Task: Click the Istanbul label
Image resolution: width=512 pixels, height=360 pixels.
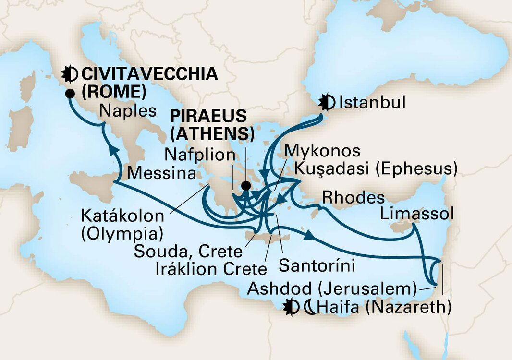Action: tap(372, 103)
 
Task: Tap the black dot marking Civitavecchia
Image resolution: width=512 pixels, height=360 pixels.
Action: tap(71, 93)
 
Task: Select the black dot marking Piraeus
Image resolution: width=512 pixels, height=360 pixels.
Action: tap(246, 186)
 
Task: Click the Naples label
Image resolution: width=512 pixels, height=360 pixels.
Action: tap(128, 111)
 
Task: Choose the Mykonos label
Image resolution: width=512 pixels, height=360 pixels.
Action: tap(322, 151)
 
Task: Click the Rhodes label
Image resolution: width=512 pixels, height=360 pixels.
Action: tap(353, 197)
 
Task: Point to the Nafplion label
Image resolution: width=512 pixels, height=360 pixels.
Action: tap(200, 155)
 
